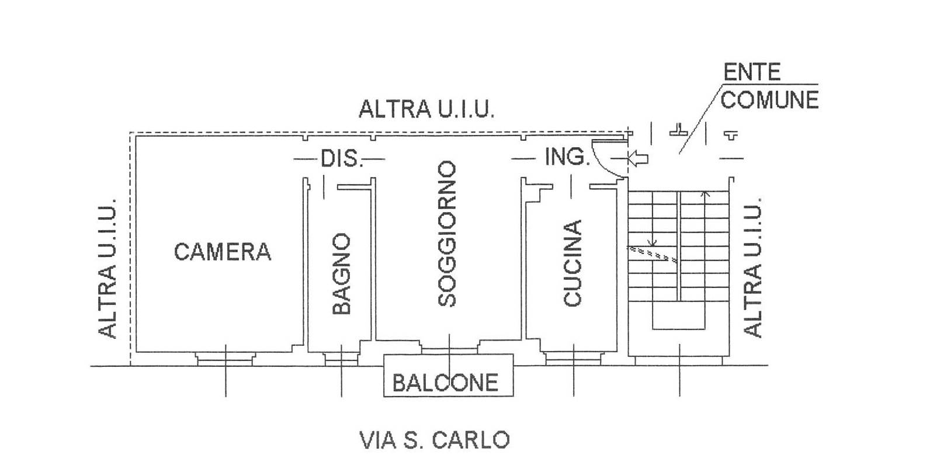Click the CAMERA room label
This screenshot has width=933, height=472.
click(223, 252)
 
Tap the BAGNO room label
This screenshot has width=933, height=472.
click(341, 274)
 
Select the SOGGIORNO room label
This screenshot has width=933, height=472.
click(447, 234)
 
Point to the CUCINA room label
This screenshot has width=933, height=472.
click(573, 263)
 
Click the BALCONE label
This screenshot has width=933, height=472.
click(445, 383)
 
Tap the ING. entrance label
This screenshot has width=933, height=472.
click(566, 157)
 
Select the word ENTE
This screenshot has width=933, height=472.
click(752, 72)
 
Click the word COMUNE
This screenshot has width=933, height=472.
click(769, 100)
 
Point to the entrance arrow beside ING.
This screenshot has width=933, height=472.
click(638, 158)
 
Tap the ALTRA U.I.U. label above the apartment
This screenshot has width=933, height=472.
click(426, 109)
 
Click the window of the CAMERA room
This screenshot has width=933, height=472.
click(226, 358)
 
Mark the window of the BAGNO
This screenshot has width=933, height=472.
click(341, 358)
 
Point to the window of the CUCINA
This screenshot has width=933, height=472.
click(573, 358)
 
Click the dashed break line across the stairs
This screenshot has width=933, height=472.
click(652, 253)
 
